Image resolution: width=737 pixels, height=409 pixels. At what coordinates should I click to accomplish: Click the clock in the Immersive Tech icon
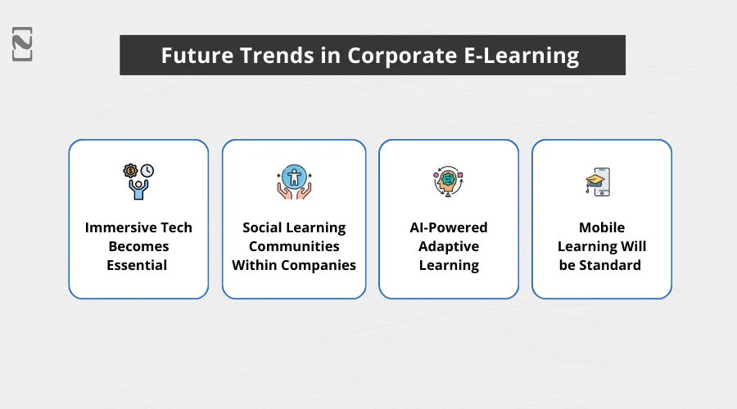point(147,171)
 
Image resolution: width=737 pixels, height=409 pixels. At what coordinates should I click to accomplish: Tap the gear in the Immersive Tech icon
point(130,171)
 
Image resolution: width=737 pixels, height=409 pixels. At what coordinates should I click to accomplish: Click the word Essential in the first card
point(138,265)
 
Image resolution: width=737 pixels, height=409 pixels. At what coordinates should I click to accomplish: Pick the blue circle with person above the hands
point(294,175)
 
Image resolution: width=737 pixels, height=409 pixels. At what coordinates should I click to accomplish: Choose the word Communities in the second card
point(294,246)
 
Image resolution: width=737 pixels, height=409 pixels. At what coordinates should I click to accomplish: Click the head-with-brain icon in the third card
point(448,182)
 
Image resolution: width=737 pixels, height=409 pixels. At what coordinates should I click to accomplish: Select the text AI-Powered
point(449,227)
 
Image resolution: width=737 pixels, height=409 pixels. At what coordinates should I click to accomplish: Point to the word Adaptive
point(449,246)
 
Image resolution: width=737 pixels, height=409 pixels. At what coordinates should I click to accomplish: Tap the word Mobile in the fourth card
point(601,227)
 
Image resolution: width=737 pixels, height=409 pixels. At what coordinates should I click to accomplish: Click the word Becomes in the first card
point(138,246)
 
